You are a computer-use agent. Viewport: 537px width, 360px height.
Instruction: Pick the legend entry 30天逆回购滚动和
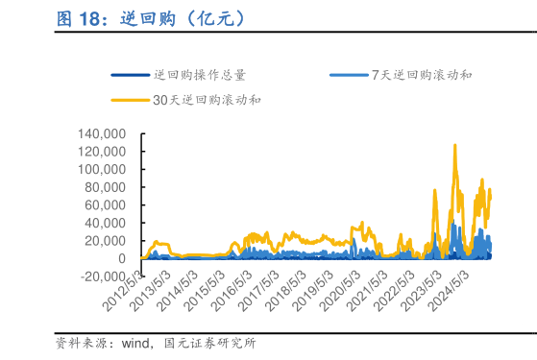pyautogui.click(x=207, y=99)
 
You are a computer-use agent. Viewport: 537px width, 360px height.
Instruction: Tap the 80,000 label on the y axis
pyautogui.click(x=106, y=187)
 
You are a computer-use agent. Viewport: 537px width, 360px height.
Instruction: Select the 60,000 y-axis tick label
pyautogui.click(x=106, y=204)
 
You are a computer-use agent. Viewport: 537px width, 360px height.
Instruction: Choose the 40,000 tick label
pyautogui.click(x=106, y=223)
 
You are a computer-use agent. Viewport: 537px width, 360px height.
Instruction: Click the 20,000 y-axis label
pyautogui.click(x=106, y=241)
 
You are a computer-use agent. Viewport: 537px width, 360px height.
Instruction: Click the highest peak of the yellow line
pyautogui.click(x=454, y=145)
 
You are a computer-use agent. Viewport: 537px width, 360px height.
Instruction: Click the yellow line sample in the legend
pyautogui.click(x=130, y=99)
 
